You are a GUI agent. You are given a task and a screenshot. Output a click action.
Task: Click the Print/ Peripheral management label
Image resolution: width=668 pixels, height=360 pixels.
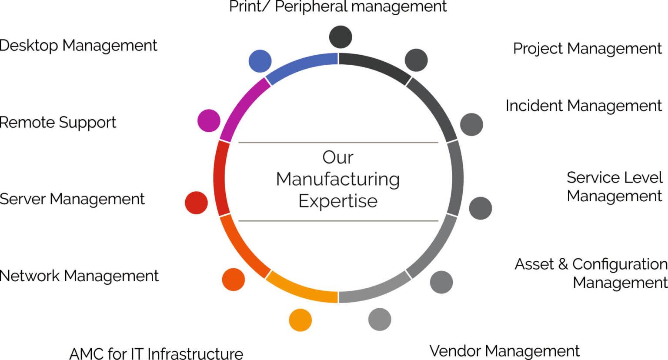tap(338, 7)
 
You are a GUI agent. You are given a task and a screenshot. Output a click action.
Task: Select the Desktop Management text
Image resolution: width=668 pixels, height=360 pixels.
tap(78, 46)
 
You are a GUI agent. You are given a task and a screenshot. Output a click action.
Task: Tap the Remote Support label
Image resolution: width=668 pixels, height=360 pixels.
tap(58, 123)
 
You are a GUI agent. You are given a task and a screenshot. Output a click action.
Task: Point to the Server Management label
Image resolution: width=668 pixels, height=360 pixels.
tap(72, 199)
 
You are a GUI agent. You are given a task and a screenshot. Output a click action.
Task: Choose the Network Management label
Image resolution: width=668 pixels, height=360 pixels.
tap(79, 276)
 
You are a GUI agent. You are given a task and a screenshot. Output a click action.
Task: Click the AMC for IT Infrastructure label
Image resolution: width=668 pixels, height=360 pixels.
tap(156, 353)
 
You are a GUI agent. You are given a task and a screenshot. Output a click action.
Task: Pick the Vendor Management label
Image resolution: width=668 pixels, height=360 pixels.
tap(504, 350)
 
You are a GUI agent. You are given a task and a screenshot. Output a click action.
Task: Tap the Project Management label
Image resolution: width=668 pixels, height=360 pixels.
tap(587, 49)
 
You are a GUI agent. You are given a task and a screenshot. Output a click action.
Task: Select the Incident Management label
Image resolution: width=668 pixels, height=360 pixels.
tap(583, 106)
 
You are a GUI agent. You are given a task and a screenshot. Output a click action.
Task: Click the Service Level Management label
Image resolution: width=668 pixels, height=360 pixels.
tap(614, 187)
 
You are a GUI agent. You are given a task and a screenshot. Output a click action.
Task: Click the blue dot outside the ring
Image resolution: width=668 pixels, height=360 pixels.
tap(260, 61)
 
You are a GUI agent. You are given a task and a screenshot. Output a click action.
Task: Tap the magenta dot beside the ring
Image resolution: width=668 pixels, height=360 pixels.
tap(209, 120)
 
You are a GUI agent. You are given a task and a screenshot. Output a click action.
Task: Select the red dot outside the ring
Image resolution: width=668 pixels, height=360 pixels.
tap(196, 203)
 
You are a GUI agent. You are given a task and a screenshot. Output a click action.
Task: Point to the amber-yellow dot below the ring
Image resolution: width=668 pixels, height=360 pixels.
tap(301, 320)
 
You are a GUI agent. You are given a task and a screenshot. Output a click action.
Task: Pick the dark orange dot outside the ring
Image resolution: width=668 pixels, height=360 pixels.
tap(234, 280)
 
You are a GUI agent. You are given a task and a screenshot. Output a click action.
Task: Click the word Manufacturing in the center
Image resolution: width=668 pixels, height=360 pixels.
tap(338, 179)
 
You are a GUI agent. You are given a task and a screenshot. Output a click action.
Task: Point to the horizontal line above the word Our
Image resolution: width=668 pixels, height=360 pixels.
tap(338, 142)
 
